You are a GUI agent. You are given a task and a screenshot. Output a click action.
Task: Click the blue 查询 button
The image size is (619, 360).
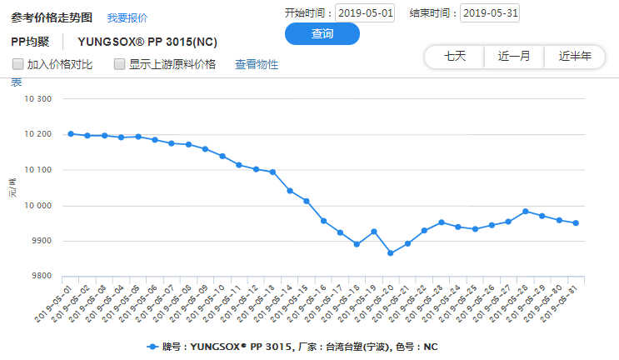[322, 34]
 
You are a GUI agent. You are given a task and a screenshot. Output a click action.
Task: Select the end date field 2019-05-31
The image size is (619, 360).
[489, 13]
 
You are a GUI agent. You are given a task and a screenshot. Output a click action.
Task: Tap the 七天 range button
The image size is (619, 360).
[455, 57]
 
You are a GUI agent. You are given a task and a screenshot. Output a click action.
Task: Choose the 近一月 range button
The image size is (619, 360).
[514, 57]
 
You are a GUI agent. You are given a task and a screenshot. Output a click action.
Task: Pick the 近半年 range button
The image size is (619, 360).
[575, 57]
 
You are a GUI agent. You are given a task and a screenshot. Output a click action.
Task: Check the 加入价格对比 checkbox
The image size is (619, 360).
[17, 64]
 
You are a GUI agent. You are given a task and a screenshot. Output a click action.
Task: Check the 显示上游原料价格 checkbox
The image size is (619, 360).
[119, 64]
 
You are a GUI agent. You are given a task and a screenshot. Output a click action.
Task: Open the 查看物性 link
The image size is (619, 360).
[257, 64]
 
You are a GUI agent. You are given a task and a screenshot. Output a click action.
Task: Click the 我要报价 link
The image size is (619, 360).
[127, 17]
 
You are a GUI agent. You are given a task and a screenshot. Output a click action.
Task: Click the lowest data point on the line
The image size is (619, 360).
[390, 253]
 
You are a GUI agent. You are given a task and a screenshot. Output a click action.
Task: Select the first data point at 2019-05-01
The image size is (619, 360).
[71, 133]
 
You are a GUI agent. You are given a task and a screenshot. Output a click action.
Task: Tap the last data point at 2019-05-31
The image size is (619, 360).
[576, 222]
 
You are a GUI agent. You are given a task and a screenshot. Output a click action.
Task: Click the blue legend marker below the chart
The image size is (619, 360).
[152, 346]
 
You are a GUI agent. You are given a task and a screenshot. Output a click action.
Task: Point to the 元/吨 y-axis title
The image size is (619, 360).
[12, 188]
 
